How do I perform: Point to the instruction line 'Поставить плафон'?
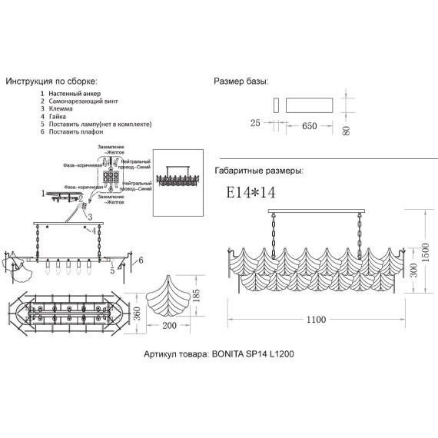(80, 132)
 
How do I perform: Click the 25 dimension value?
(256, 122)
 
